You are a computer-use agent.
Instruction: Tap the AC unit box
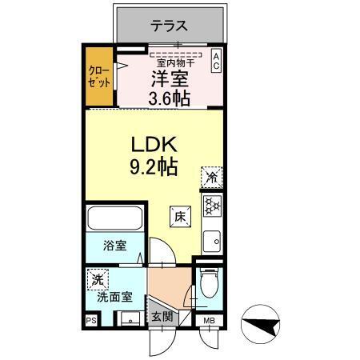(x=216, y=61)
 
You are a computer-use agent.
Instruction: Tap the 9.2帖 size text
(x=153, y=169)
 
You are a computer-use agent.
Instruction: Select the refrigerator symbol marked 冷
(x=212, y=176)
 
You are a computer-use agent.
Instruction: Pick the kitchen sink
(x=211, y=239)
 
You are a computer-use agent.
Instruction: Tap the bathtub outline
(x=115, y=218)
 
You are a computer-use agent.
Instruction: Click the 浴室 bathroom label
(x=114, y=247)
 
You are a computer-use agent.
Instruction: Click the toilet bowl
(x=208, y=282)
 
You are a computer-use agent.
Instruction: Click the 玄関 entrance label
(x=162, y=317)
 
